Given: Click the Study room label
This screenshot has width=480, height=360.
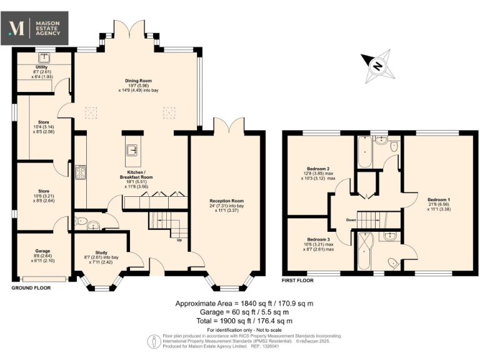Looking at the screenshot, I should coord(101,253).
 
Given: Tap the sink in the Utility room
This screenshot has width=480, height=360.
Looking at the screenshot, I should coord(45,58).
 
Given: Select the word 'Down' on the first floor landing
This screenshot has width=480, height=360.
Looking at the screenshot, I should coord(352,220).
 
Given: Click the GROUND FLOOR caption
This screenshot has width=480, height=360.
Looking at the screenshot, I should coord(31,288).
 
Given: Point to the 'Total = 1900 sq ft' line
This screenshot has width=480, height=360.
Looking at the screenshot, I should coord(240,320).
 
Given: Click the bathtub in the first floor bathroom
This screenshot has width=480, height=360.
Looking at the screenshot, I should coord(364,151).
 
